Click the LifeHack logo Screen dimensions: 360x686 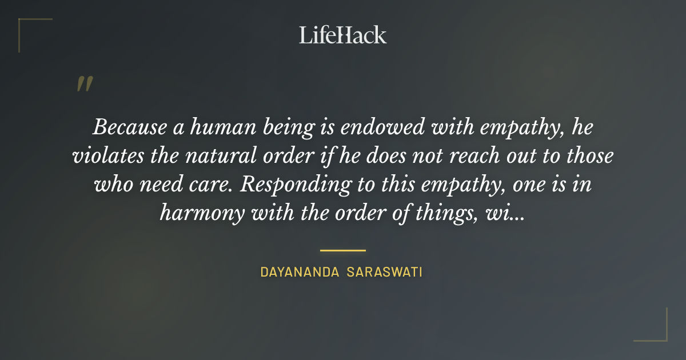point(342,35)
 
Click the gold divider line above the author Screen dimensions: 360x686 point(342,250)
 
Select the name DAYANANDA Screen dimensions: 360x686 point(300,272)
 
